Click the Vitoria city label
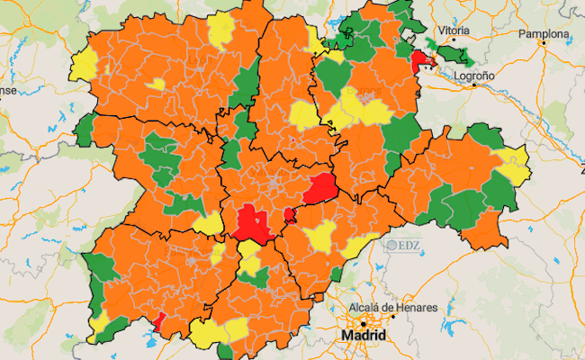[x=455, y=31]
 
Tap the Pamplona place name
[x=544, y=34]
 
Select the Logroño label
[x=473, y=76]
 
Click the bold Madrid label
[x=364, y=336]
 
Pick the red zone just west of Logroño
[x=420, y=63]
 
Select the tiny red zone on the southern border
[x=158, y=321]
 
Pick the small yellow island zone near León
[x=157, y=85]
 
